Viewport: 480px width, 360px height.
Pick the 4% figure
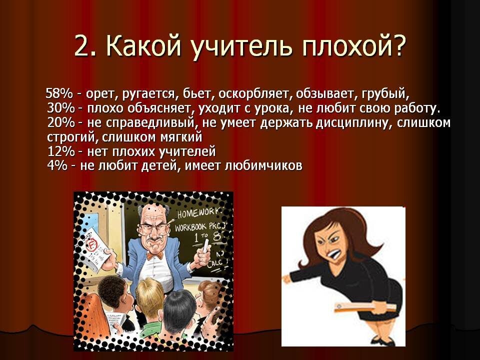57,166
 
